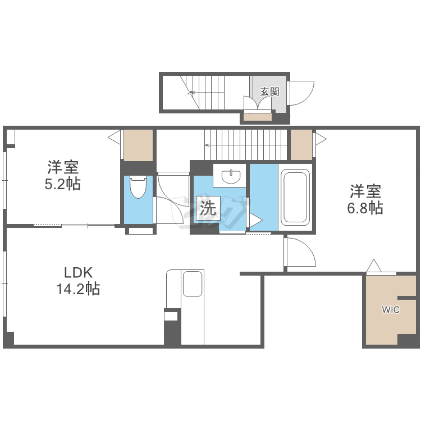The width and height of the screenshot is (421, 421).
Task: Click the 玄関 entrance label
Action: pos(270,92)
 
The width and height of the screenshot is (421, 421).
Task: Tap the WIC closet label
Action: pos(391,309)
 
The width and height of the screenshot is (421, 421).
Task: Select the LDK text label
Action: pos(78,273)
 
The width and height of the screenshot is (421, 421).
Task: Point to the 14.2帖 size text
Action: pos(78,289)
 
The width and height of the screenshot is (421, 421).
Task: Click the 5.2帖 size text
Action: pos(62,184)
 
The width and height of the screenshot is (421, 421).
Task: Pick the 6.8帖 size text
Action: pos(365,208)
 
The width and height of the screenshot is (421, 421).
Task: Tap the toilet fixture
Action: pos(138,187)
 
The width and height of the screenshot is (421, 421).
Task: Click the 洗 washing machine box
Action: pos(208,208)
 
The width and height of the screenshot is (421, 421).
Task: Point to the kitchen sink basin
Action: pos(192,284)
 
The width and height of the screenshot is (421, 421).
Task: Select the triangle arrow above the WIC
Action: pos(374,266)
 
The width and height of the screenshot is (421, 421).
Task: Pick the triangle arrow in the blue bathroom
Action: pos(255,221)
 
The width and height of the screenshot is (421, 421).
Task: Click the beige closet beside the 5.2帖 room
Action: pos(138,145)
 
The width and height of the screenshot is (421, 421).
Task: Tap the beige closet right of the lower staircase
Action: pos(301,145)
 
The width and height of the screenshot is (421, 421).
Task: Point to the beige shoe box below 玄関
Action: pos(258,117)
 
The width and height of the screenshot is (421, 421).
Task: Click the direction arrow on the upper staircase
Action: pos(205,93)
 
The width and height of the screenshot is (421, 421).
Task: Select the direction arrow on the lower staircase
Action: pos(245,145)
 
